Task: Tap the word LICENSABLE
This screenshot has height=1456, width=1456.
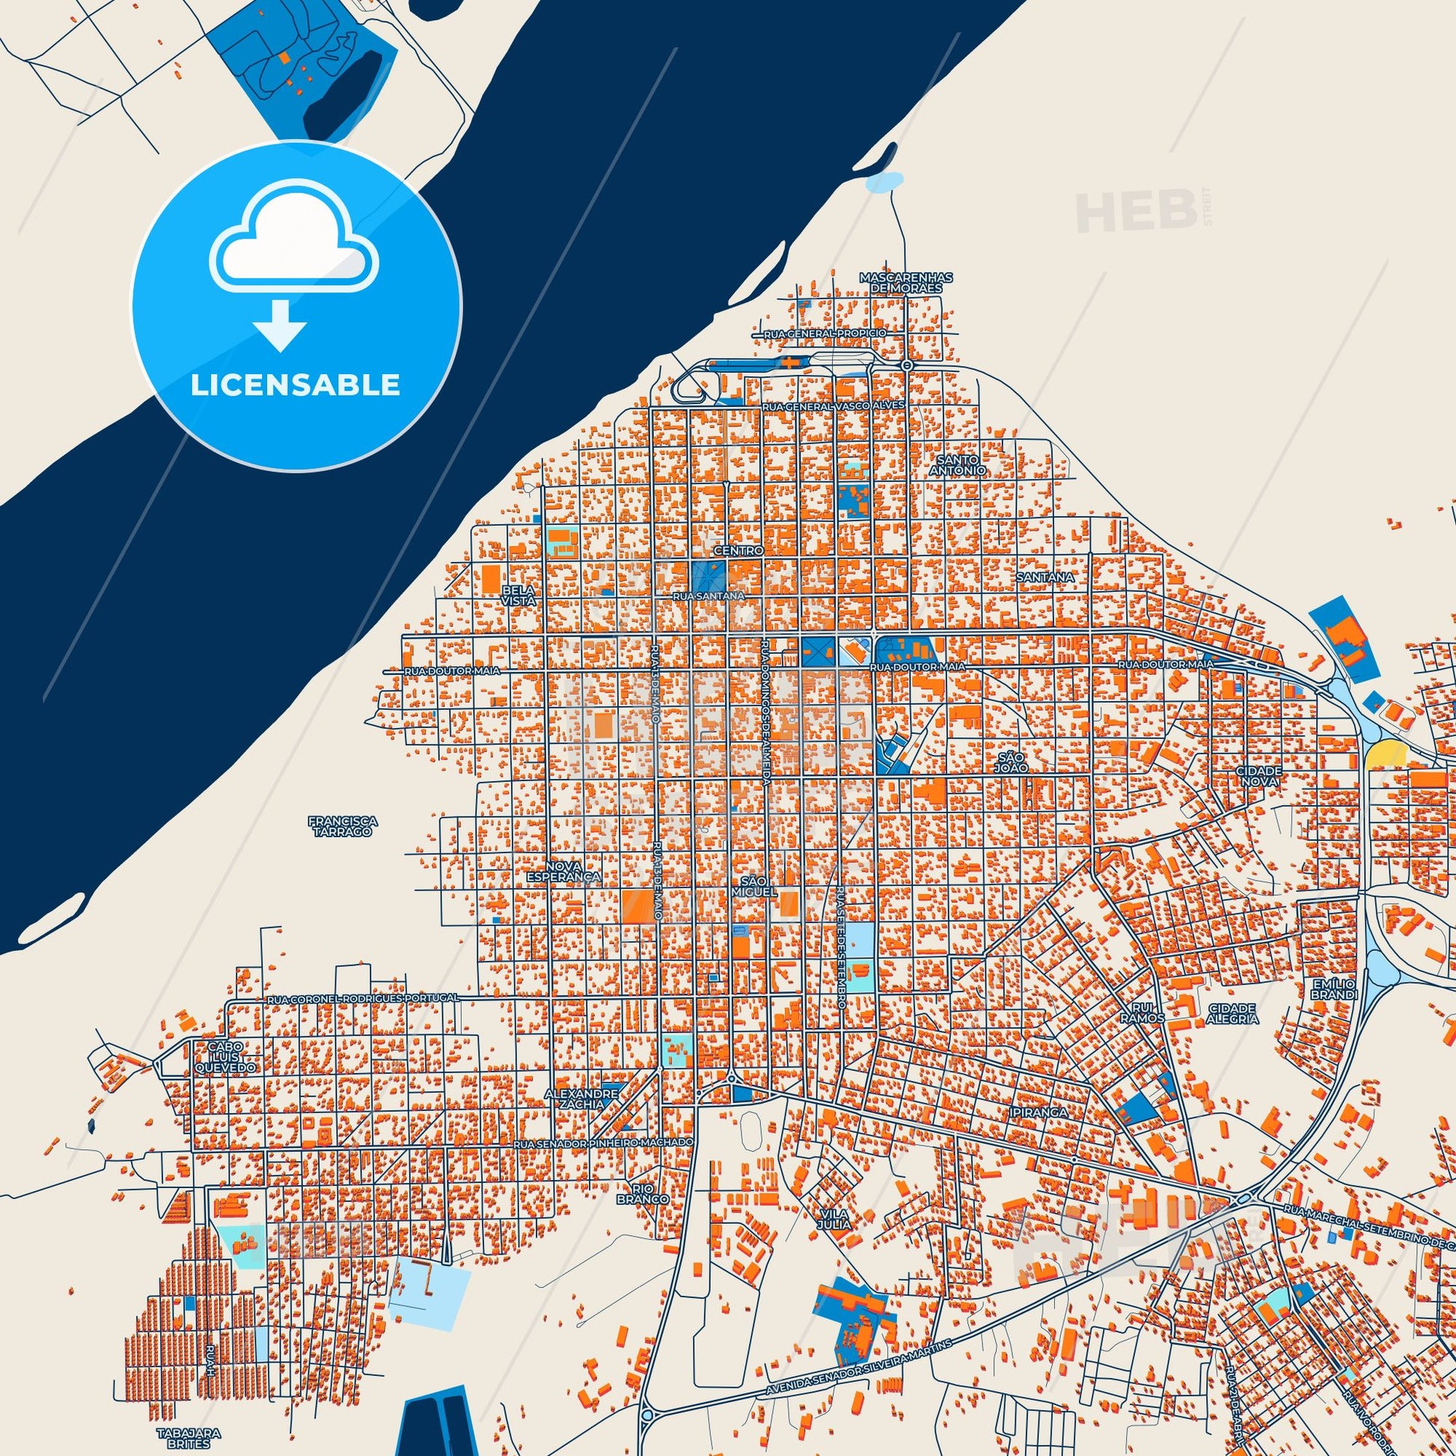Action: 296,385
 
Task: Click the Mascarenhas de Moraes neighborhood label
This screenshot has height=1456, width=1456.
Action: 906,283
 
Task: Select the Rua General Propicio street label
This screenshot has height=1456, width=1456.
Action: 825,333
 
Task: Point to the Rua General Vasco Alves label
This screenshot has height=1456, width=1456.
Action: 832,406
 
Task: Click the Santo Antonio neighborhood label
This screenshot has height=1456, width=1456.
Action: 958,464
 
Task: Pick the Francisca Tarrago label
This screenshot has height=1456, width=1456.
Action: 341,826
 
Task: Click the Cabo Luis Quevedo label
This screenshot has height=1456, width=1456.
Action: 225,1056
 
